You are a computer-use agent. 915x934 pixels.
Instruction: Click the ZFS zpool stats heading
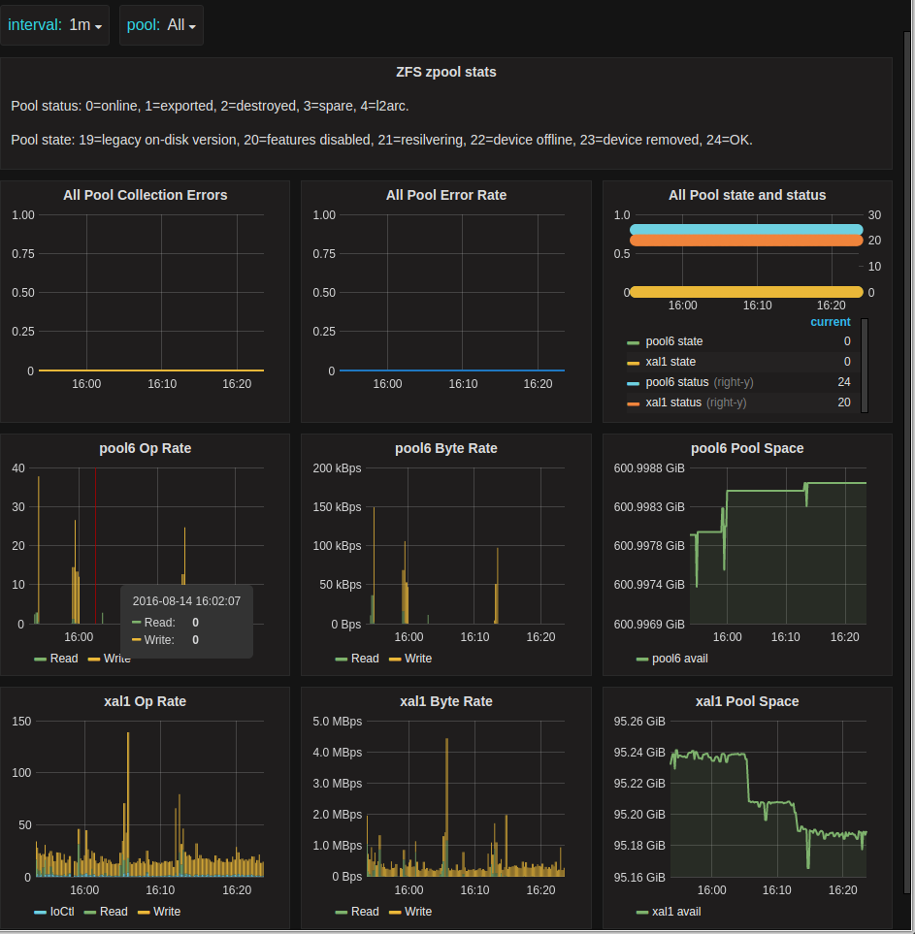(446, 72)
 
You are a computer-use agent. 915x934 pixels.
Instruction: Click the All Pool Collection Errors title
(146, 195)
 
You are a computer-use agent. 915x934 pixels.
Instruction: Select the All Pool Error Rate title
(446, 195)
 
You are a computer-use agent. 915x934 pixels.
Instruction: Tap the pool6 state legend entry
(673, 341)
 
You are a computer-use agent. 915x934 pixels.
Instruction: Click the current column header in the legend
(830, 322)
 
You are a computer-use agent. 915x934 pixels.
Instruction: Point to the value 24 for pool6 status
(843, 382)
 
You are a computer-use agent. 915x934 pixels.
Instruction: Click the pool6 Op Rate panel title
(146, 448)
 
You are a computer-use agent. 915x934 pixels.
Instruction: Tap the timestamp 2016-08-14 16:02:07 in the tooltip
(186, 601)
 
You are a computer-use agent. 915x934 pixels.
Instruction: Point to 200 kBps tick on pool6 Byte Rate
(337, 468)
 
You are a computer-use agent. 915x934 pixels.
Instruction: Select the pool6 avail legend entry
(677, 659)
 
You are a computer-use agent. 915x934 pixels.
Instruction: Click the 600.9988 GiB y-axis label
(650, 468)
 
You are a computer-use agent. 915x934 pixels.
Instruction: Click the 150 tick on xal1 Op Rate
(21, 722)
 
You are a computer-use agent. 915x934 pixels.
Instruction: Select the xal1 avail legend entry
(676, 912)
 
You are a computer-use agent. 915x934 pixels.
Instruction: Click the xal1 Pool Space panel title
(747, 701)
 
